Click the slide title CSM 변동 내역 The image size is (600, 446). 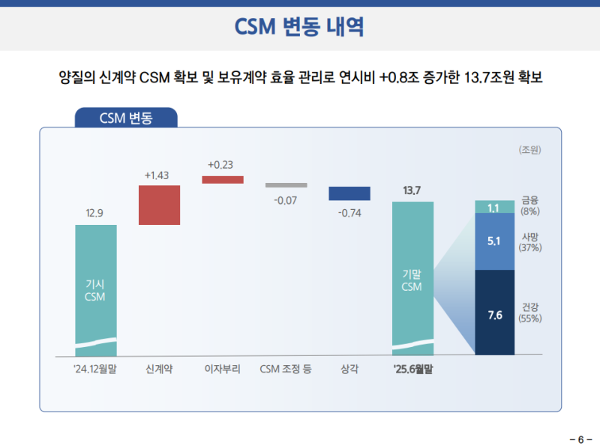pyautogui.click(x=299, y=27)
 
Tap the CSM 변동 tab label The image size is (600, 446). pyautogui.click(x=125, y=118)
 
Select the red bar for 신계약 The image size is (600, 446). pyautogui.click(x=159, y=205)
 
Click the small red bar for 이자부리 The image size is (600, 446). pyautogui.click(x=223, y=180)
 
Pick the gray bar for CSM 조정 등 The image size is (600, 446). pyautogui.click(x=286, y=185)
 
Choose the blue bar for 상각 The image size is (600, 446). pyautogui.click(x=349, y=193)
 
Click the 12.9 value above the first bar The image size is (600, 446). pyautogui.click(x=95, y=214)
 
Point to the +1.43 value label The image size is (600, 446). pyautogui.click(x=159, y=175)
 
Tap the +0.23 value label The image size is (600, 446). pyautogui.click(x=222, y=165)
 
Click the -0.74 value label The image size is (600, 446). pyautogui.click(x=349, y=214)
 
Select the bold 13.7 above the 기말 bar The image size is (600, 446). pyautogui.click(x=412, y=190)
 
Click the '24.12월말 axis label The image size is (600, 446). pyautogui.click(x=95, y=369)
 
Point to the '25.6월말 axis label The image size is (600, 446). pyautogui.click(x=412, y=369)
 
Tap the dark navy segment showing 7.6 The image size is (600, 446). pyautogui.click(x=495, y=313)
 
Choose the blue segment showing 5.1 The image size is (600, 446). pyautogui.click(x=495, y=242)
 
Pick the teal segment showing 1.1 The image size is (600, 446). pyautogui.click(x=495, y=208)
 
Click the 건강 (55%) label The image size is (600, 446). pyautogui.click(x=530, y=313)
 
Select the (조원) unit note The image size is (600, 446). pyautogui.click(x=529, y=149)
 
